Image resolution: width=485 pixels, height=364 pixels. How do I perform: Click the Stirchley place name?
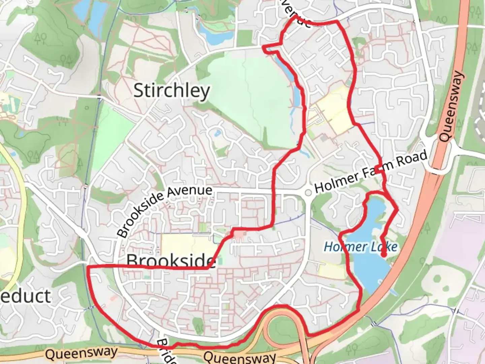pyautogui.click(x=171, y=91)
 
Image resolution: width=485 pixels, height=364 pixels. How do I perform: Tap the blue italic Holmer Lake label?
pyautogui.click(x=360, y=247)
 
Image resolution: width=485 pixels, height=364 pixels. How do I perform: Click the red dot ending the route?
pyautogui.click(x=383, y=255)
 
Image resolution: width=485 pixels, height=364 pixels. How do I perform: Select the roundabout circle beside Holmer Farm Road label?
pyautogui.click(x=308, y=192)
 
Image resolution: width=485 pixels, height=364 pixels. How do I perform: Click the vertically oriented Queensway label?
pyautogui.click(x=451, y=106)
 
